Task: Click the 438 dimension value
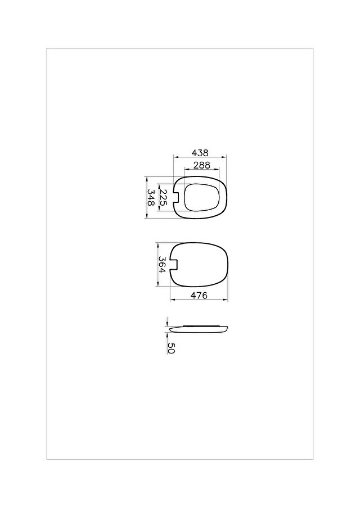click(x=200, y=153)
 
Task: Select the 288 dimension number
click(x=202, y=165)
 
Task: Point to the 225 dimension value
click(x=163, y=198)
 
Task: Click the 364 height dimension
click(x=162, y=264)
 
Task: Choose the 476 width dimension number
click(x=199, y=295)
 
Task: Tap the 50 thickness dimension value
click(x=171, y=348)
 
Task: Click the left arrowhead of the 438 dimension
click(x=175, y=157)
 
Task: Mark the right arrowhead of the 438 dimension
click(x=224, y=157)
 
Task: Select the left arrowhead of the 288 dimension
click(x=186, y=169)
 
